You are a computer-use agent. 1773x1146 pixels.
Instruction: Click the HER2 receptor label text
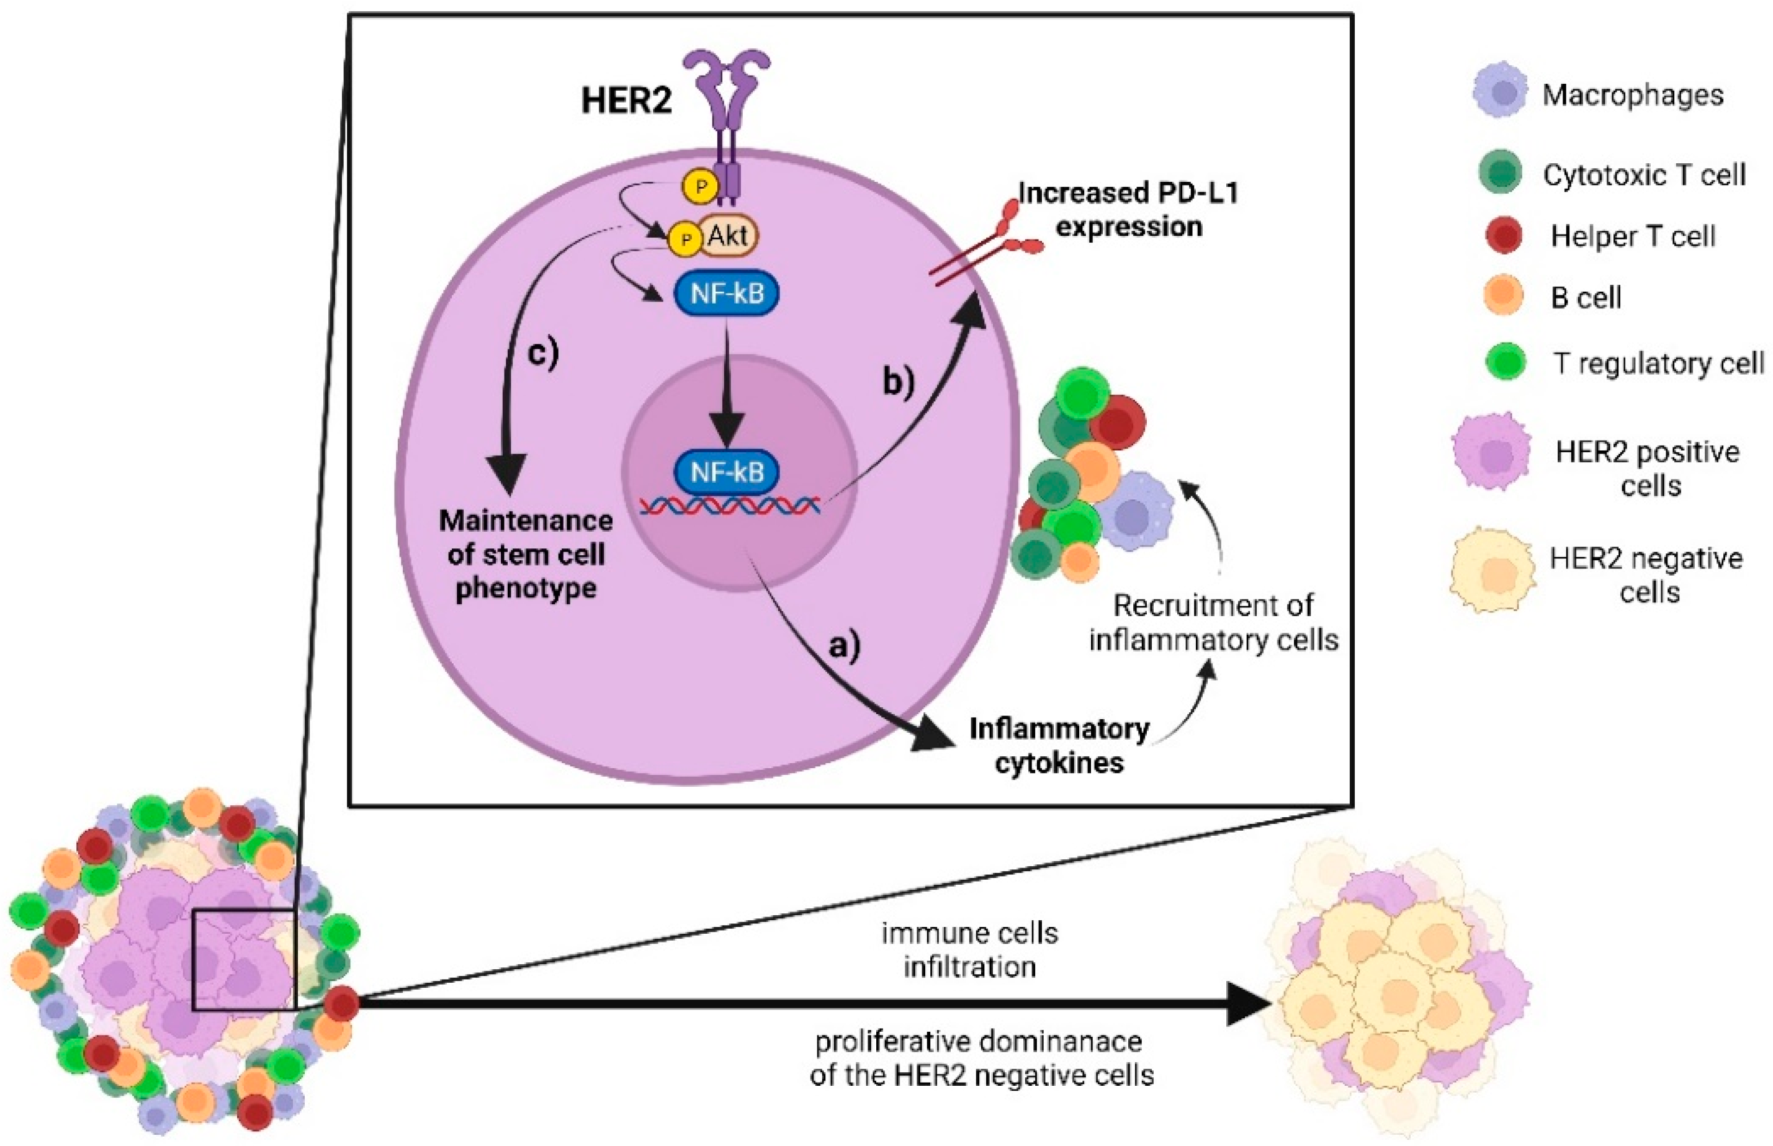tap(626, 101)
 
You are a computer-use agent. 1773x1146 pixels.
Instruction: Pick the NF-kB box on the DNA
tap(727, 472)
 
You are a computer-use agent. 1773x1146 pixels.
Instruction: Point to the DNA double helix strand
tap(729, 507)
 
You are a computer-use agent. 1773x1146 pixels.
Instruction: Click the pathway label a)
tap(844, 645)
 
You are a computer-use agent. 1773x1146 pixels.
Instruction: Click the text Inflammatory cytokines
tap(1059, 746)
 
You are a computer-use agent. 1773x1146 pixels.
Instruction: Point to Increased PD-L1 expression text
tap(1128, 209)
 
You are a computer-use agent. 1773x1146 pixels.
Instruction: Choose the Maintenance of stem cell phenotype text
tap(526, 555)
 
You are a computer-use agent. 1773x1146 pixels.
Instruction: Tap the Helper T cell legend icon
tap(1503, 235)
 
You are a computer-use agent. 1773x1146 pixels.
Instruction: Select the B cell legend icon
tap(1503, 295)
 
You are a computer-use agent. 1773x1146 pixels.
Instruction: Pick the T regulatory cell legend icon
tap(1505, 362)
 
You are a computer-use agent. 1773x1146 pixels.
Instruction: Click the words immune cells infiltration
tap(969, 949)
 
